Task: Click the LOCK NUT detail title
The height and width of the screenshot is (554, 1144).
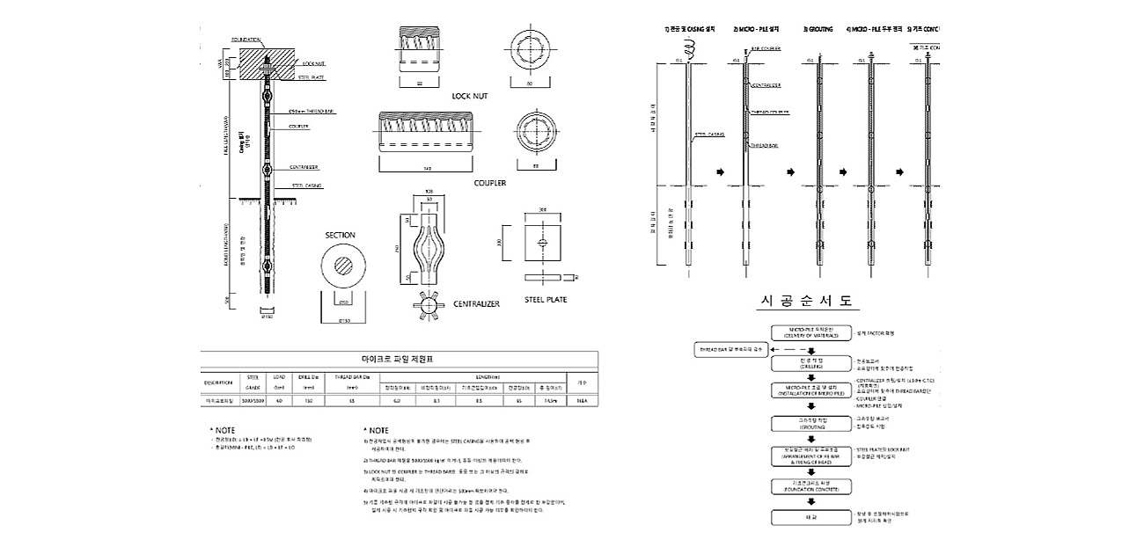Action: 469,96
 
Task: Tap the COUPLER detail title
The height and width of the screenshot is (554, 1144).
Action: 490,183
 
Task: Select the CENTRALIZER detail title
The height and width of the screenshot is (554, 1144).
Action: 476,303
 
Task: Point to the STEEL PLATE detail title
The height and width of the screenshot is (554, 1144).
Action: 546,299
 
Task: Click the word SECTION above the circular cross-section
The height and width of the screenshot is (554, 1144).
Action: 341,235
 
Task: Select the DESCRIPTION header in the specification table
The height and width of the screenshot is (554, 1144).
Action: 218,383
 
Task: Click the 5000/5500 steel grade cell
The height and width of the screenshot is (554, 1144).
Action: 253,400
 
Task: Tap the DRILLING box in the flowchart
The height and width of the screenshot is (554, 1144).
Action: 808,363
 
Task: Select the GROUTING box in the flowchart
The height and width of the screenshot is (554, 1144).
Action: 808,423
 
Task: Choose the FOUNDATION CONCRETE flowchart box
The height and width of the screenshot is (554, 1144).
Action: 808,485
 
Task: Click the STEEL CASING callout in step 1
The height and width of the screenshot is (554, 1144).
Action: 709,135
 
